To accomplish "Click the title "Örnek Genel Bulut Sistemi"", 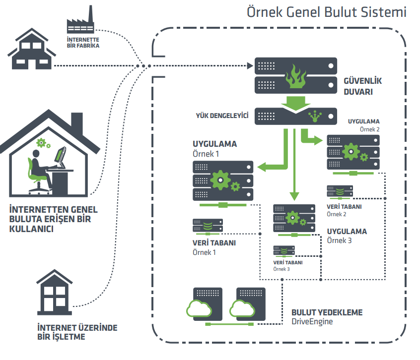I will [x=327, y=12].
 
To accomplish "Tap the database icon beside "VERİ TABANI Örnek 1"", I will [x=208, y=226].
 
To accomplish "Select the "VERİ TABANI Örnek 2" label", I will [x=344, y=210].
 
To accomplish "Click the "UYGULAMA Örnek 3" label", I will [x=347, y=236].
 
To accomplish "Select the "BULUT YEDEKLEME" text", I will [x=327, y=313].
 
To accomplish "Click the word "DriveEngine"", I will [x=312, y=322].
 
